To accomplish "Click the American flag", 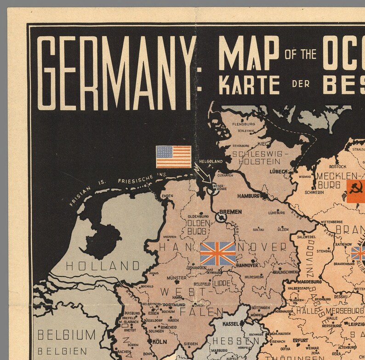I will click(x=173, y=157).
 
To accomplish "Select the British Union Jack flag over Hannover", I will click(x=218, y=254).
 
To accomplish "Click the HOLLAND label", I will click(x=103, y=265).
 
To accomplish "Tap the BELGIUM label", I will click(x=66, y=334).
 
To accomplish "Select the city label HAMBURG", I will click(x=248, y=196).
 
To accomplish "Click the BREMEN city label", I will click(x=230, y=212).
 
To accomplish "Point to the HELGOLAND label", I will click(x=211, y=161).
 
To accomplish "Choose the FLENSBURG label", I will click(x=244, y=124).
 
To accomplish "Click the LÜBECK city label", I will click(x=279, y=171).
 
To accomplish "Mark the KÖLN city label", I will click(x=159, y=342).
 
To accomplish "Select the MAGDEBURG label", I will click(x=309, y=281).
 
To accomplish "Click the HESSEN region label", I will click(x=235, y=342).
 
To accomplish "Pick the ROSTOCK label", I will click(x=337, y=167).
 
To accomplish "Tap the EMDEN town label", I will click(x=167, y=196).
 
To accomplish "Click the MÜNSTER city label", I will click(x=177, y=278).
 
